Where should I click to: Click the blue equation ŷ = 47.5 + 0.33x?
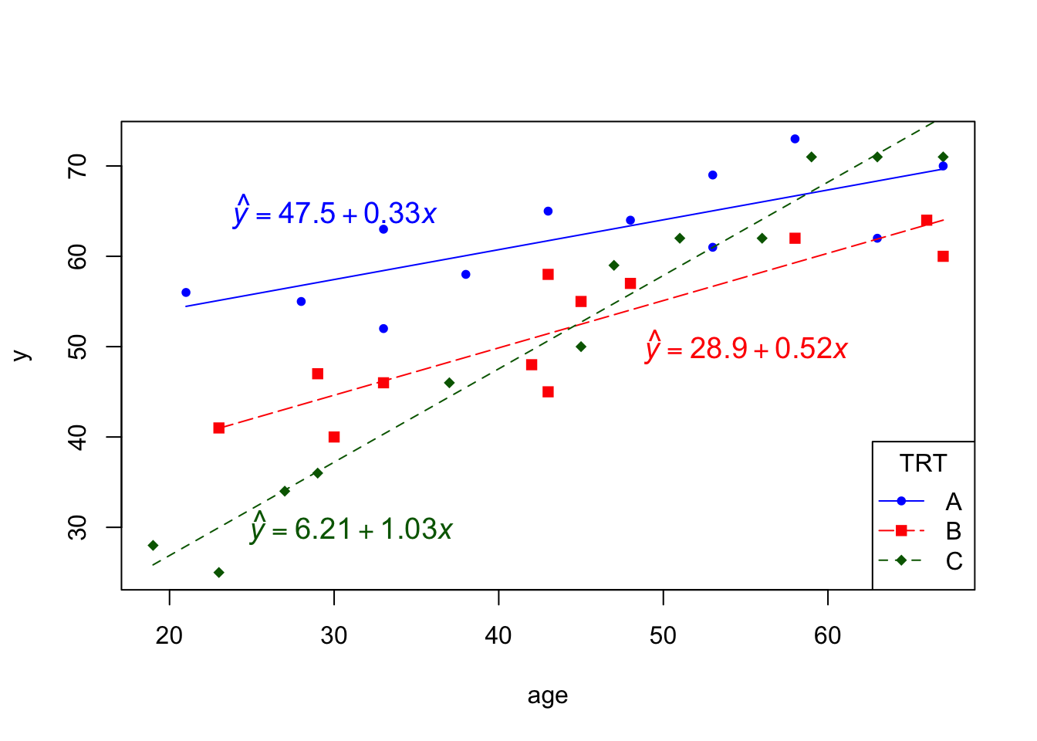click(336, 212)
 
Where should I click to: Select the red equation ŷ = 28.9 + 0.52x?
click(747, 348)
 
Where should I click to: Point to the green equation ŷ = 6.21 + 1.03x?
click(352, 529)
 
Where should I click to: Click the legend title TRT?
click(923, 463)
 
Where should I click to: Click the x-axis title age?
click(548, 695)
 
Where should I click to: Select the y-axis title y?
click(22, 356)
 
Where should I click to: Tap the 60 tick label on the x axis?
click(828, 635)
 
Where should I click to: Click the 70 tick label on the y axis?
click(78, 166)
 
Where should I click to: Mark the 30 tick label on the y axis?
click(78, 527)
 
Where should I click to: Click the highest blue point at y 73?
click(795, 139)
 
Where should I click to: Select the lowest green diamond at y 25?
click(219, 573)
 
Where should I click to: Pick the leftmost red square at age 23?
click(219, 428)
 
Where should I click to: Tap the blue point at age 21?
click(186, 293)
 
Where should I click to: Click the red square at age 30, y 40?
click(334, 437)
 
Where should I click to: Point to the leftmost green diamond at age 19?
click(153, 546)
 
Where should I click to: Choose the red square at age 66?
click(927, 220)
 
